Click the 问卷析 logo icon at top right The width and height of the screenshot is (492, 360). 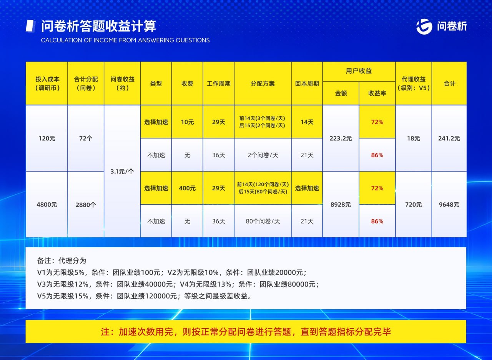(424, 26)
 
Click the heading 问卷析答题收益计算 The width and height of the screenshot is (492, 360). (99, 26)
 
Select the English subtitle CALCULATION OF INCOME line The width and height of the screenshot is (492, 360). (125, 40)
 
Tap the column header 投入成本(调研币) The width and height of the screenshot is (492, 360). (47, 83)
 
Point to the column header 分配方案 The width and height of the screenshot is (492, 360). (263, 83)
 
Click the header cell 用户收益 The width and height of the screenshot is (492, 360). (359, 71)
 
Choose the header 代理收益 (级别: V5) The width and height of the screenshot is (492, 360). (413, 83)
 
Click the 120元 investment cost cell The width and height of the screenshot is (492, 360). (47, 138)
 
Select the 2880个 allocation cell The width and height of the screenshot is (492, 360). (86, 205)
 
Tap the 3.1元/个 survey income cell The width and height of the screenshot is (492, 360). (122, 172)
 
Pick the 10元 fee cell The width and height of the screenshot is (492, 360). (187, 122)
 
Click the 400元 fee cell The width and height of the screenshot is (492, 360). (187, 188)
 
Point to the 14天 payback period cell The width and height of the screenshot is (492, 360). (307, 122)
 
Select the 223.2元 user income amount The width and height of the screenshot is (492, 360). (341, 138)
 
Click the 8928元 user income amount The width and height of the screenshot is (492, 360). (341, 205)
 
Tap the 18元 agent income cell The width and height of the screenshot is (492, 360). (413, 138)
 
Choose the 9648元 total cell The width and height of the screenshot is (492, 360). (449, 205)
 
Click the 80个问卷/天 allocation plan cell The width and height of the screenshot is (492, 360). (263, 221)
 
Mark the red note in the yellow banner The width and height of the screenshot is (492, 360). (246, 332)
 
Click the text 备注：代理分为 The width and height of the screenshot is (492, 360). (61, 261)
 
